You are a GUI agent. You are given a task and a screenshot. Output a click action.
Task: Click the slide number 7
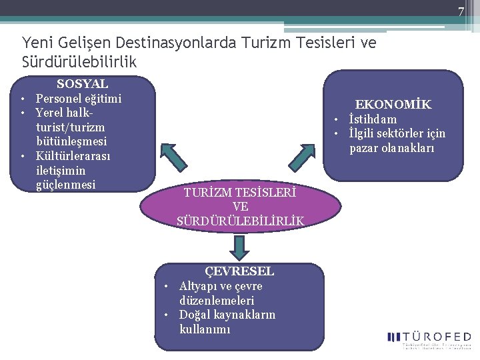point(460,11)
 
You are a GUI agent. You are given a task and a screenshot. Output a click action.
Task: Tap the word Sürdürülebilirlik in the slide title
point(79,61)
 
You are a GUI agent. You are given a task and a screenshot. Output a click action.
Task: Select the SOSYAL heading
point(82,84)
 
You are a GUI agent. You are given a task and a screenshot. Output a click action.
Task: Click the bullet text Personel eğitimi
point(79,99)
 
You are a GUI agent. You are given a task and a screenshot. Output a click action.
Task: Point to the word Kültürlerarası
point(73,156)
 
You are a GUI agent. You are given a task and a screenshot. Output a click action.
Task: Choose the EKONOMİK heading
point(393,105)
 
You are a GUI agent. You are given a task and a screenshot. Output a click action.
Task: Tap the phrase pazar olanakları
point(392,148)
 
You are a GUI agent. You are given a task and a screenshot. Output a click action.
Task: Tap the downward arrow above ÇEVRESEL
point(239,247)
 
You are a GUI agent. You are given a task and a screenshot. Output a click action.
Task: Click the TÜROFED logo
point(429,339)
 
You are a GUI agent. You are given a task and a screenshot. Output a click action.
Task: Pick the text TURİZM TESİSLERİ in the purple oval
point(240,193)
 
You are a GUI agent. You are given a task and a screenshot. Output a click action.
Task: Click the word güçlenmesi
point(66,185)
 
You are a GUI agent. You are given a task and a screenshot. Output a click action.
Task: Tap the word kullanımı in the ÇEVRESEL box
point(205,329)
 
